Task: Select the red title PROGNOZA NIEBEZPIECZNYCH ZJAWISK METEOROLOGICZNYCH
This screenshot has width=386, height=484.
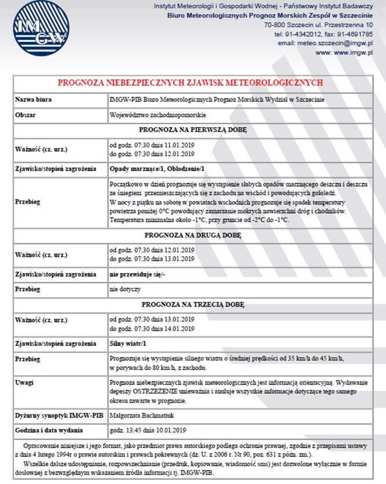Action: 193,83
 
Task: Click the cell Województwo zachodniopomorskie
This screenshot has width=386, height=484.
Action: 150,115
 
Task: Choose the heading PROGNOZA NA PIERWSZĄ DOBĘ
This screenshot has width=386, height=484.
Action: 193,130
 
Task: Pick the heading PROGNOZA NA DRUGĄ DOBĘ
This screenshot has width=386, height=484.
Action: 193,235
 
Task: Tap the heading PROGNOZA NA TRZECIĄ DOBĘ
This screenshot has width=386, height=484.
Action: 193,304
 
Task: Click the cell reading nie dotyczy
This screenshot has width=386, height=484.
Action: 124,289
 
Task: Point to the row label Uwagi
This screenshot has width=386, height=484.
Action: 24,383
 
